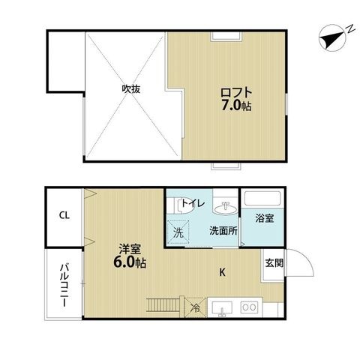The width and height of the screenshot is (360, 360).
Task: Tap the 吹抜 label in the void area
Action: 131,89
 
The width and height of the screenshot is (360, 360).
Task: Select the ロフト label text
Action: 236,92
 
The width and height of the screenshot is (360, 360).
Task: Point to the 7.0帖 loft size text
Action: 236,106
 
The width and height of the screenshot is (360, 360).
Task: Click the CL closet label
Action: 64,215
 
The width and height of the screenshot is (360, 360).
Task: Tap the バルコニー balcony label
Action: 64,285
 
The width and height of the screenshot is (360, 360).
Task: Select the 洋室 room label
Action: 130,249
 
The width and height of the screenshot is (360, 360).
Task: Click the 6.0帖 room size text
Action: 130,262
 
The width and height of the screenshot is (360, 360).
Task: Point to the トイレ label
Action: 193,203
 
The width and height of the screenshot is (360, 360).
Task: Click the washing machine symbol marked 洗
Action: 178,232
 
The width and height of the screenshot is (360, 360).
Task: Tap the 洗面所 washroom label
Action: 223,231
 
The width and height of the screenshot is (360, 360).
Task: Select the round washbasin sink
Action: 225,208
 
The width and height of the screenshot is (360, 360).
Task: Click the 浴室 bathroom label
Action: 265,218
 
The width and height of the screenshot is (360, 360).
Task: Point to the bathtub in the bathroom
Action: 262,199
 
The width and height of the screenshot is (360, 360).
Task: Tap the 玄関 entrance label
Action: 274,263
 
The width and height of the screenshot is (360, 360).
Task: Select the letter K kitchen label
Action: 222,272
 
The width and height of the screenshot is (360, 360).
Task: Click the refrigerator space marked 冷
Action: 195,307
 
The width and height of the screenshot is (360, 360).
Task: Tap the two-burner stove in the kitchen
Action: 249,307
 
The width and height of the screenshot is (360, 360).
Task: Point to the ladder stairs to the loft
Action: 163,304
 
